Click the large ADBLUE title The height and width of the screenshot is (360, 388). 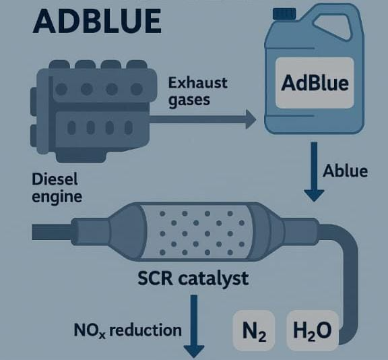point(97,22)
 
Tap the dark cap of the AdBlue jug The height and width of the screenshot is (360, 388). point(284,13)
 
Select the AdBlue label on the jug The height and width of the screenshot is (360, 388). point(315,83)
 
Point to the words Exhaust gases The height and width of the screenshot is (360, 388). point(198,92)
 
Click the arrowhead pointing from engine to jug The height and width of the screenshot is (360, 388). point(251,119)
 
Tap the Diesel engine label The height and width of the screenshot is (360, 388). point(57,187)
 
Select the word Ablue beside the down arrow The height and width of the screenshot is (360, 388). point(345,171)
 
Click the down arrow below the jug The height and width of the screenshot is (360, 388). point(314,172)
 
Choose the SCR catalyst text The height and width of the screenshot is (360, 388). point(193,278)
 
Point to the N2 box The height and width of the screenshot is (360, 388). point(254,330)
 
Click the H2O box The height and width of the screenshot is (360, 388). point(313,330)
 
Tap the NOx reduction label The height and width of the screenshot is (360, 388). point(128,330)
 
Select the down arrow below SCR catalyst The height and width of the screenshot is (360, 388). point(194,326)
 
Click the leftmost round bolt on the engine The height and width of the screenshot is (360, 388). point(61,89)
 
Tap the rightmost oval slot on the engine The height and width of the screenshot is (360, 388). point(129,128)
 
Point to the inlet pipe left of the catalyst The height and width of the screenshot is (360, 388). point(53,232)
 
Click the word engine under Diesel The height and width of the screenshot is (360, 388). point(57,197)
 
